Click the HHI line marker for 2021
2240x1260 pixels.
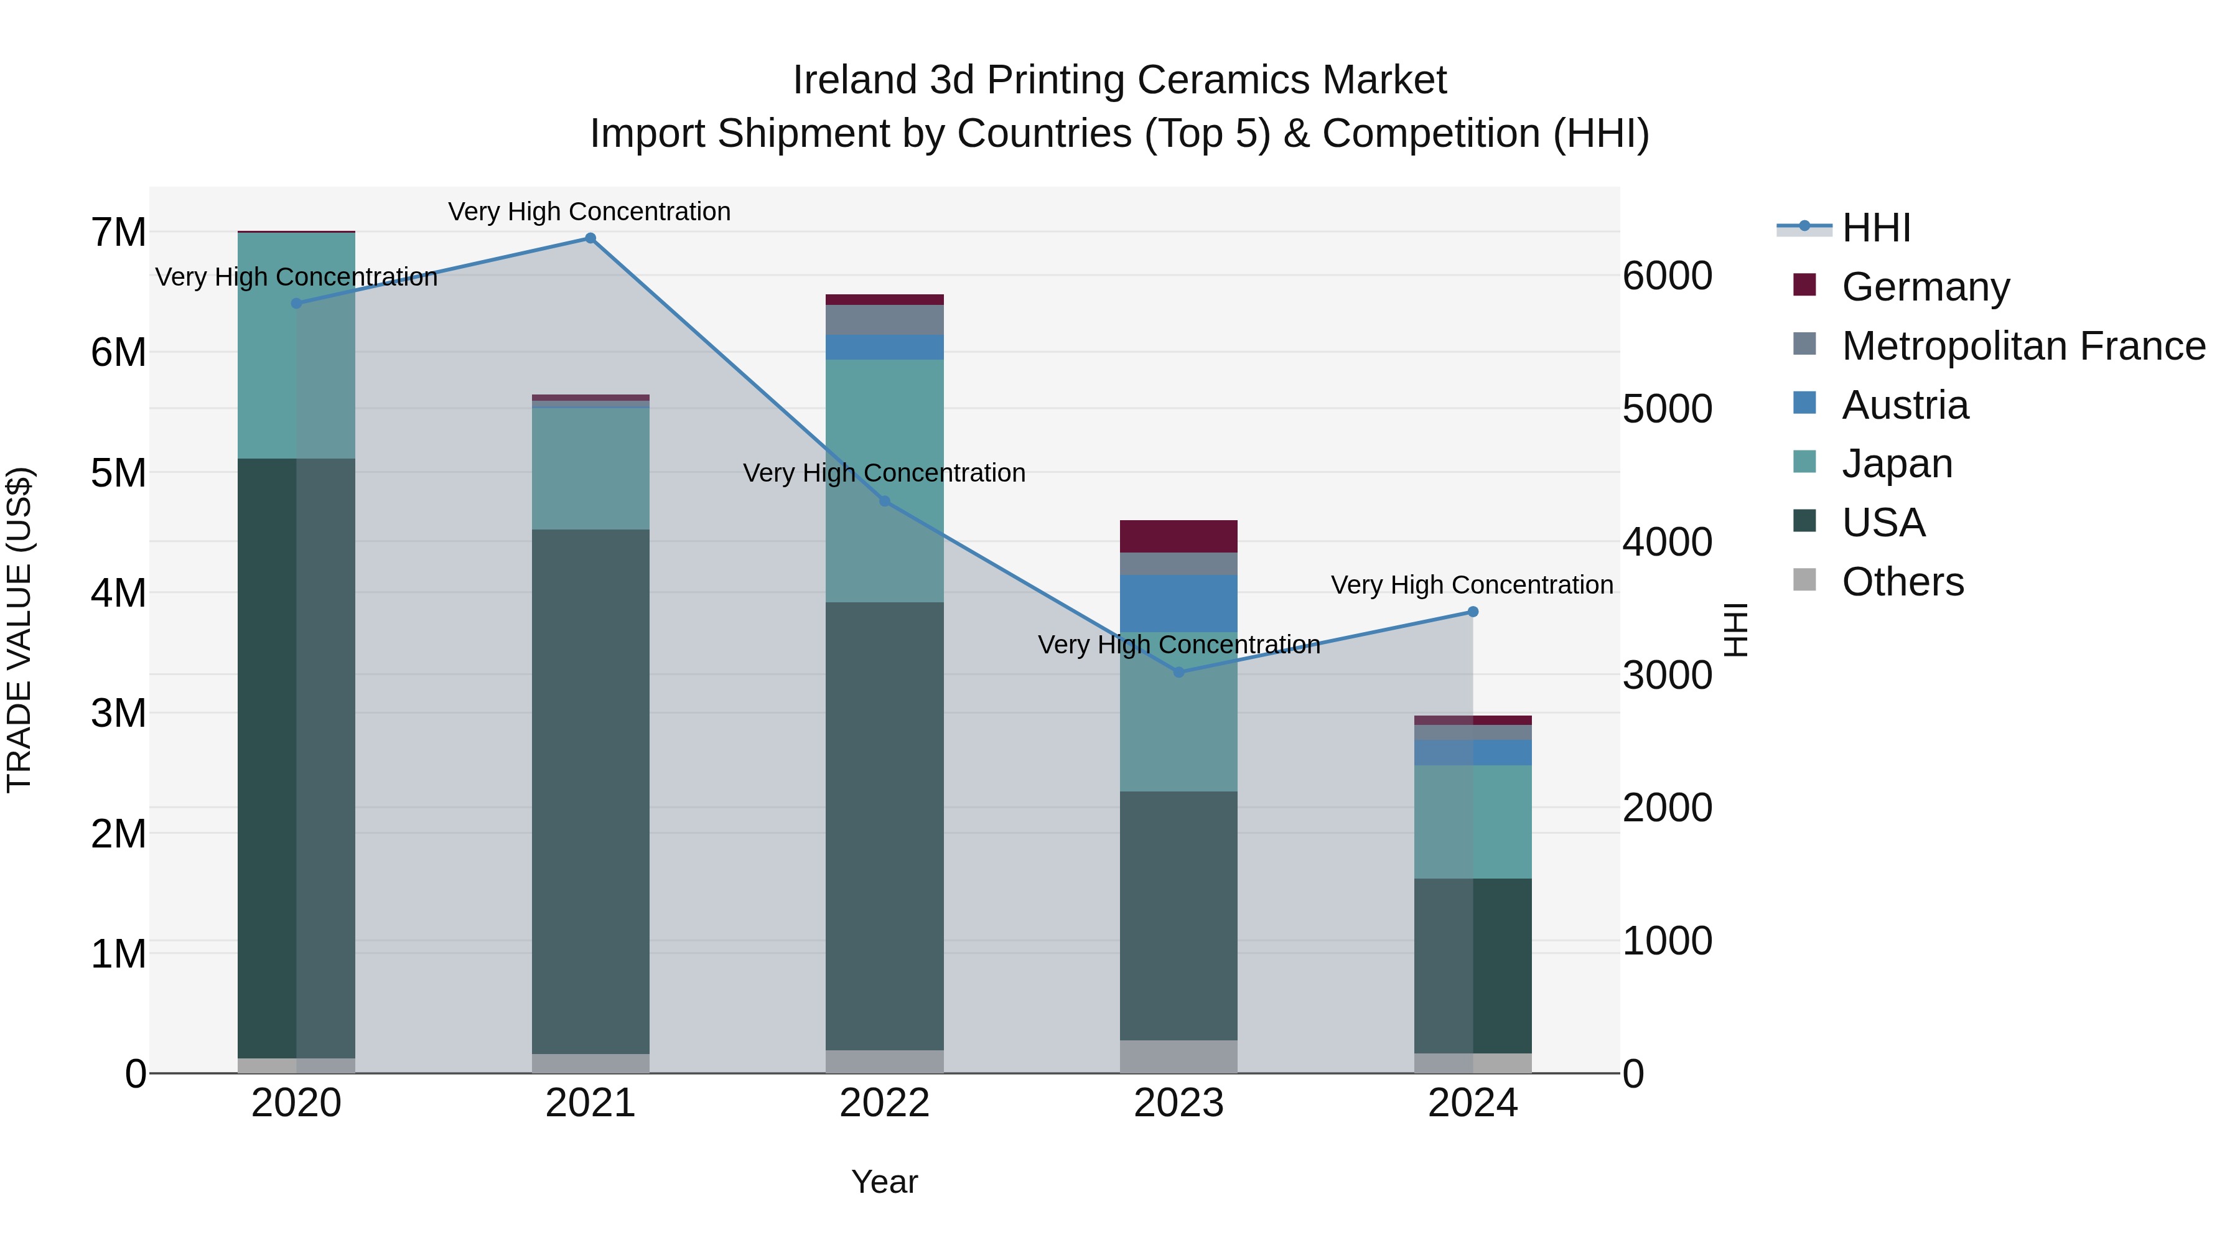pyautogui.click(x=590, y=238)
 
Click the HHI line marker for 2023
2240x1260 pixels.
pyautogui.click(x=1179, y=672)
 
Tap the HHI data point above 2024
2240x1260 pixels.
pyautogui.click(x=1473, y=612)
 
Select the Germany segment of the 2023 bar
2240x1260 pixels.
pyautogui.click(x=1179, y=536)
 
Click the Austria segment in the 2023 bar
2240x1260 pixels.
pyautogui.click(x=1179, y=602)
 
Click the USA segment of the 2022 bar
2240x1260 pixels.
pyautogui.click(x=884, y=826)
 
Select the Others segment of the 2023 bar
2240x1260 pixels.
pyautogui.click(x=1179, y=1057)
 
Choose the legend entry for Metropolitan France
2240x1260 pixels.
pyautogui.click(x=2023, y=346)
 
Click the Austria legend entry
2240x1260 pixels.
pyautogui.click(x=1905, y=405)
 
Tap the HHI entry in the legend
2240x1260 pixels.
pyautogui.click(x=1875, y=228)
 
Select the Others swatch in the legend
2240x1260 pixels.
pyautogui.click(x=1804, y=581)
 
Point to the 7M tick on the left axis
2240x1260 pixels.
pyautogui.click(x=118, y=233)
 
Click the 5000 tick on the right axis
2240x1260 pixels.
pyautogui.click(x=1667, y=409)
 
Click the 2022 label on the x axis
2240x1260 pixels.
pyautogui.click(x=884, y=1103)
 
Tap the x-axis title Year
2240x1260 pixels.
pyautogui.click(x=884, y=1182)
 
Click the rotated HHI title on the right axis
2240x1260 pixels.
pyautogui.click(x=1735, y=630)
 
